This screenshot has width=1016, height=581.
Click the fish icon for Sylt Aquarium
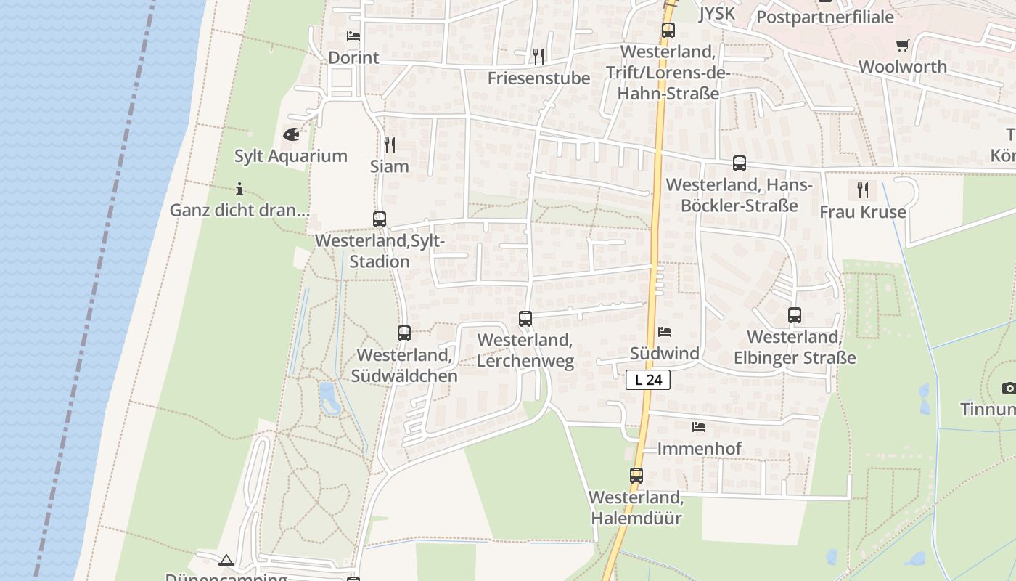click(x=291, y=134)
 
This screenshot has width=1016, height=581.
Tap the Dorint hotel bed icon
click(x=353, y=36)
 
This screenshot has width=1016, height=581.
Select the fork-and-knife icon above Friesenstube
click(x=538, y=56)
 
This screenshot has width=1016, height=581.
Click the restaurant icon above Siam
click(x=390, y=145)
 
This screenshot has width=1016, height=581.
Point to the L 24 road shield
click(x=647, y=379)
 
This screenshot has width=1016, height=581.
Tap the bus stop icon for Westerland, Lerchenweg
click(x=525, y=318)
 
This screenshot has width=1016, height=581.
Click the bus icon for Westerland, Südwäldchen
click(x=404, y=333)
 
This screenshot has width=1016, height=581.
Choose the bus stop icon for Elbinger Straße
click(x=795, y=315)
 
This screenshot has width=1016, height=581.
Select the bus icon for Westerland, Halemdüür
click(x=636, y=476)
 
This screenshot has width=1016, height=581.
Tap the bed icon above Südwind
click(x=665, y=332)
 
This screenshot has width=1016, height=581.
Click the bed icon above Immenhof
click(x=699, y=427)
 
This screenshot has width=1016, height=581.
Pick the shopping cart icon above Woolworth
click(x=903, y=45)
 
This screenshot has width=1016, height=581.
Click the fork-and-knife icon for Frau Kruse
click(x=863, y=190)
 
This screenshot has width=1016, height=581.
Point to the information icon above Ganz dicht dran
click(x=239, y=190)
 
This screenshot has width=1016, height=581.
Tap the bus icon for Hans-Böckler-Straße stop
click(x=740, y=163)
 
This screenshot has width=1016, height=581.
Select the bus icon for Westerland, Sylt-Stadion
click(x=380, y=219)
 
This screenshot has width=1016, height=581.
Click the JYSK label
click(x=716, y=13)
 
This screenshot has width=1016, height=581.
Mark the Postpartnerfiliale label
click(x=825, y=17)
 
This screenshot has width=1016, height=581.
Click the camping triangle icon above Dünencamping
click(x=226, y=560)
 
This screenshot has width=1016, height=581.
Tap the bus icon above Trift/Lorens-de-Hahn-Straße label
click(x=668, y=31)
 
